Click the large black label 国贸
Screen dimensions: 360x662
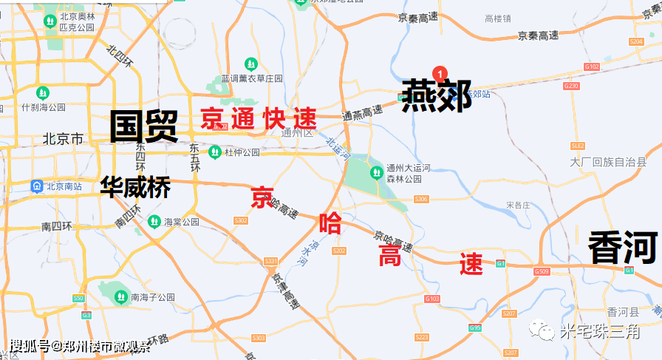(x=144, y=126)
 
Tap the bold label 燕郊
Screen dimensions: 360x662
(x=437, y=97)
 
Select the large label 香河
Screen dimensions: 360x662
(x=622, y=248)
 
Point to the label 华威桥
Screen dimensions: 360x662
(x=135, y=187)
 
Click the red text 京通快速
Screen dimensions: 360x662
(x=259, y=119)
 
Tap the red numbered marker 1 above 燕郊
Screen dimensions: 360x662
(x=440, y=73)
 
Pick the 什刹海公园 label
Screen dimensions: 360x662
(x=44, y=107)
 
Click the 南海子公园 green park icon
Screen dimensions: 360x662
(x=120, y=296)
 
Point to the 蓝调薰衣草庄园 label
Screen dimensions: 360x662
(x=252, y=78)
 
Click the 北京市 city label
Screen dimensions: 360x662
(x=64, y=139)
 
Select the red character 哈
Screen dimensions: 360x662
(x=330, y=223)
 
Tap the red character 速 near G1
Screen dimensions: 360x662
(x=471, y=264)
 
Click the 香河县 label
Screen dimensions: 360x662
(x=616, y=312)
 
